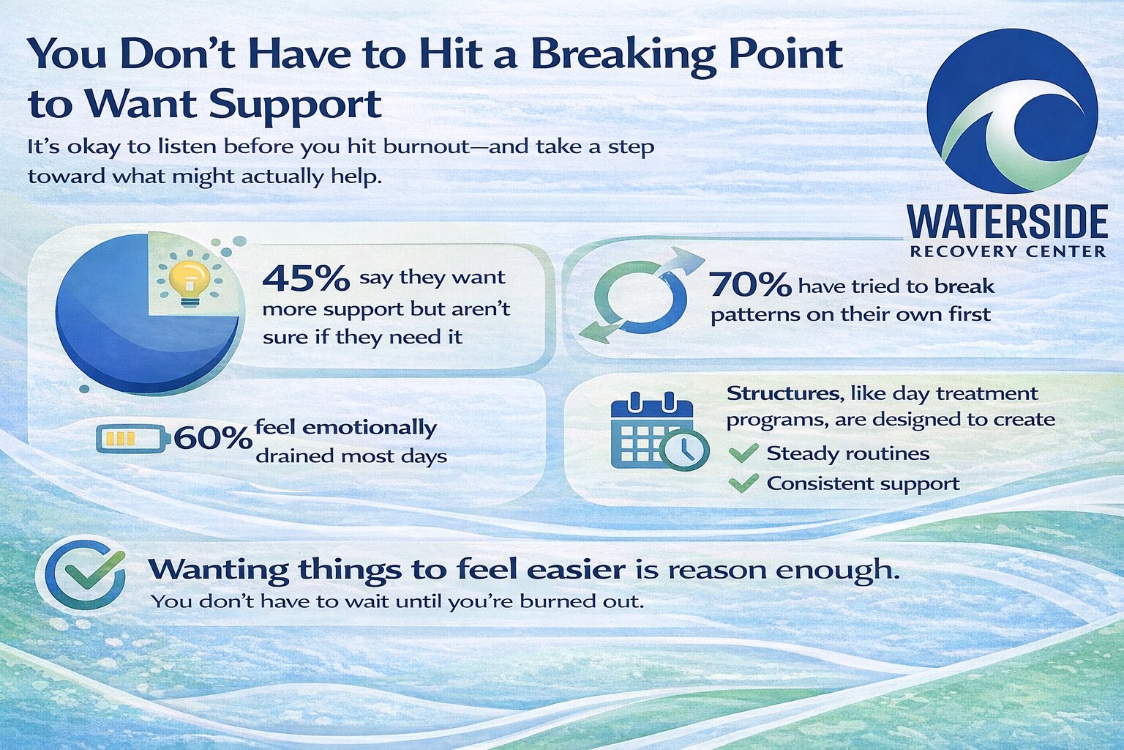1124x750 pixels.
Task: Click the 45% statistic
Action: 305,278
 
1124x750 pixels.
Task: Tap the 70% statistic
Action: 750,285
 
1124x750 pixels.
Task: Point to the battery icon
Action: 132,439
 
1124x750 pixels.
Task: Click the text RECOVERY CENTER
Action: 1007,252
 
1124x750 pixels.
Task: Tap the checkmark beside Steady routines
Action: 743,453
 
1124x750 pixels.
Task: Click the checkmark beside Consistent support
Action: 743,483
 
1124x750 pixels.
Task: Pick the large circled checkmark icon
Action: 85,574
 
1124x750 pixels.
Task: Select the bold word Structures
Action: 782,393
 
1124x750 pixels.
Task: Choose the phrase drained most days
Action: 351,456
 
